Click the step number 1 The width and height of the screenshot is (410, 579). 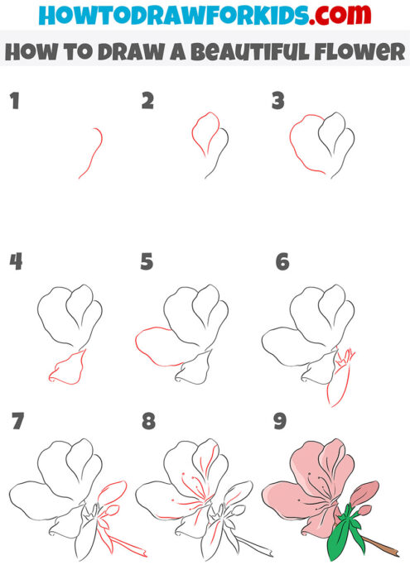[x=13, y=103]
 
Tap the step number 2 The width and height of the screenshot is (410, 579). [x=148, y=101]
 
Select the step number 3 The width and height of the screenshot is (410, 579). [x=278, y=101]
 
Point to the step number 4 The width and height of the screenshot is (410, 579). [x=15, y=262]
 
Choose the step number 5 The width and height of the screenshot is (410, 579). [x=147, y=262]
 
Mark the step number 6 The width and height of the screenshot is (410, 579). [x=282, y=262]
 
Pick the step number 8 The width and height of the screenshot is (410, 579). [x=148, y=422]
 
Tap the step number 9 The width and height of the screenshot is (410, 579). [x=280, y=422]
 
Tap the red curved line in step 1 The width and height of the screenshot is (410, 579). [x=93, y=153]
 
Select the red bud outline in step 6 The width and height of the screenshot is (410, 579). [x=340, y=385]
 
